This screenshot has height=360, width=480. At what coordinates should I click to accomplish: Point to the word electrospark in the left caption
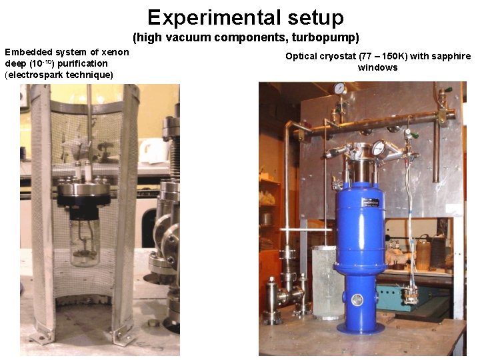point(34,74)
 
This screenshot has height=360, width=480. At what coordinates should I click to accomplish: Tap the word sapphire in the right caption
point(453,57)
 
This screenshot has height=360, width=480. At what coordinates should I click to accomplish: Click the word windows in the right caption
point(378,67)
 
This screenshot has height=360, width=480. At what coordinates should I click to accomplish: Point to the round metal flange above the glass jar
point(84,192)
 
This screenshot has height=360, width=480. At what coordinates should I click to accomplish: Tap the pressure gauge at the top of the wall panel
point(339,88)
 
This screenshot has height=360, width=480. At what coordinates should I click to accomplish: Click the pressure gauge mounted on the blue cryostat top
point(378,148)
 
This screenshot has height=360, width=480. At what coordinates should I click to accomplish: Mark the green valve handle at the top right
point(448,90)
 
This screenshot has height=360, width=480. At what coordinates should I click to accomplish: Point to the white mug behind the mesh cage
point(152,151)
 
